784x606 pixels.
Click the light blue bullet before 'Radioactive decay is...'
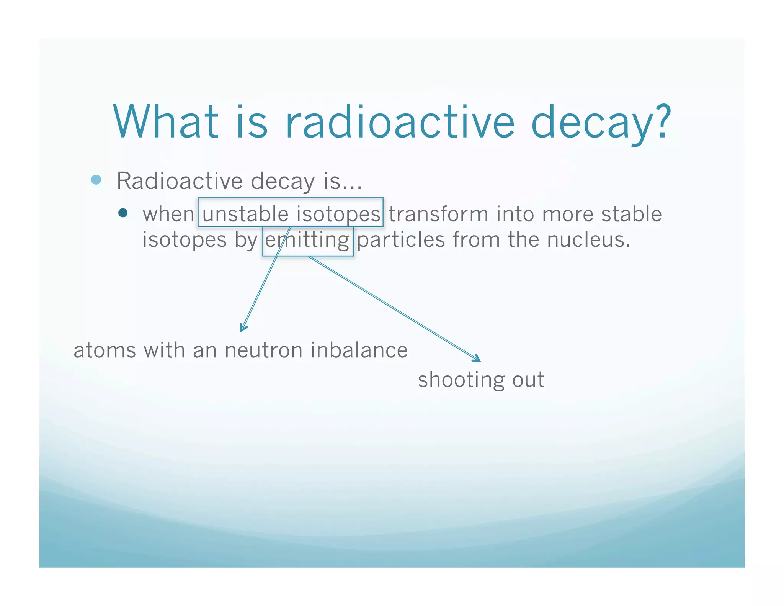pos(96,180)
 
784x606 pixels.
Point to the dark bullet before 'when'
pos(123,213)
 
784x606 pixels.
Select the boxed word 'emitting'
pos(307,240)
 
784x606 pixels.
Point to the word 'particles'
pos(401,240)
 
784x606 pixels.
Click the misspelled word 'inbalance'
pos(359,350)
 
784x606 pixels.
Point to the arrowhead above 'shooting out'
pos(478,359)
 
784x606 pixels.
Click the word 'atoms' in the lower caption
pos(105,350)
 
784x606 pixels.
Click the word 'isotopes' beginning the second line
pos(185,240)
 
